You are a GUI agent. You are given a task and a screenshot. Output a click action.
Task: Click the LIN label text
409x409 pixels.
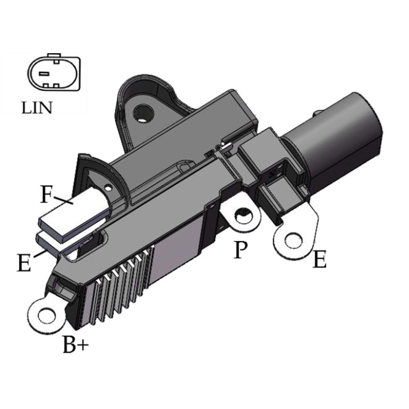tap(37, 108)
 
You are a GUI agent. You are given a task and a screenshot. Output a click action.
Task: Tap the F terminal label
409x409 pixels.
tap(46, 194)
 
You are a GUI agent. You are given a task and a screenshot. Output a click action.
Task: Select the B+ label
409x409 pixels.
tap(76, 344)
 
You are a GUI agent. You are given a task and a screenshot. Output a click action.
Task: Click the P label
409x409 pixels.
tap(240, 249)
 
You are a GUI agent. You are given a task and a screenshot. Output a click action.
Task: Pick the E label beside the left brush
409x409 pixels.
tap(24, 263)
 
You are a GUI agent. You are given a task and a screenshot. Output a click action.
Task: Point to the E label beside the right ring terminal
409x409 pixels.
tap(319, 259)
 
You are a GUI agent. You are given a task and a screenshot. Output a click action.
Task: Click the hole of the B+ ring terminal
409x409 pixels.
tap(47, 316)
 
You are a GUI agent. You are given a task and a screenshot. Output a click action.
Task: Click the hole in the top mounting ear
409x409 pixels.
tap(143, 113)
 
